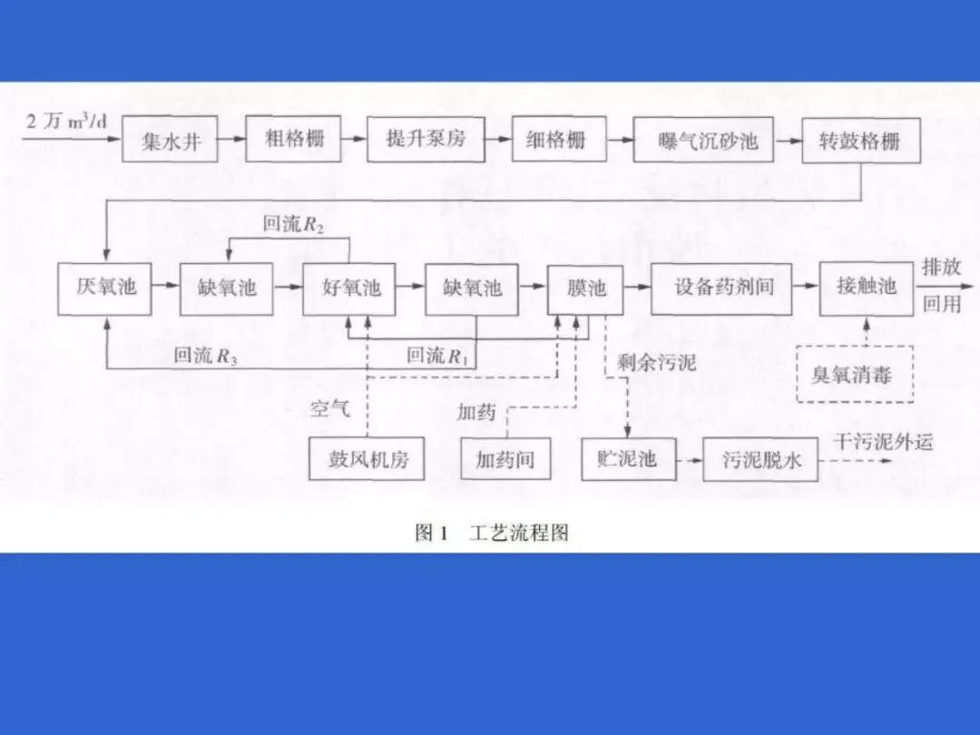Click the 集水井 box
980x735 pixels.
170,141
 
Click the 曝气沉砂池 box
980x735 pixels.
708,141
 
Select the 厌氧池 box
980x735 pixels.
104,289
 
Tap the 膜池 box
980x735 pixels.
585,289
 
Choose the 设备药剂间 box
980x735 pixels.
722,289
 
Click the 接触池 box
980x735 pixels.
866,289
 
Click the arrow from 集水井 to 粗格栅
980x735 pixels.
232,141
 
